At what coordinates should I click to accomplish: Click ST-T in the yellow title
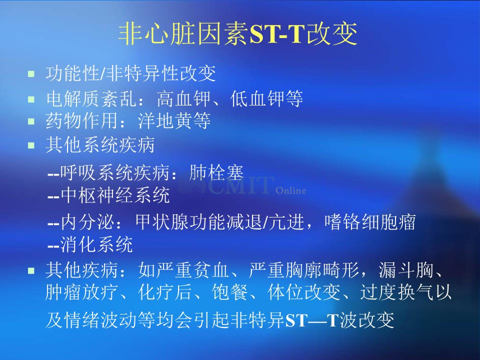point(278,33)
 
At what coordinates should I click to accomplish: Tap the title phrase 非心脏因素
point(183,33)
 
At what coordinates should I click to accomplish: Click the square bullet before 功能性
point(31,74)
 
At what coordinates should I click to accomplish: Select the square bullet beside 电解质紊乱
point(31,99)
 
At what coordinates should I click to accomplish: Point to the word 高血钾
point(183,98)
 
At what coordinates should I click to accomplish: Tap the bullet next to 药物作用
point(31,121)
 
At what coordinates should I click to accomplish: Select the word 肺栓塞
point(216,172)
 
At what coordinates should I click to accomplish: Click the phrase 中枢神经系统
point(115,195)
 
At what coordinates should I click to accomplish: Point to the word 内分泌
point(87,221)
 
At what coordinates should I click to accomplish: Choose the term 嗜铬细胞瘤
point(370,221)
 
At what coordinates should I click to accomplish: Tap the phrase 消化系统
point(96,244)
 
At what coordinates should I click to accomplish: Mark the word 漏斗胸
point(405,270)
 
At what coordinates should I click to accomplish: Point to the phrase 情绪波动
point(100,320)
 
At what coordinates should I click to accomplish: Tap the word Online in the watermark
point(290,190)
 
